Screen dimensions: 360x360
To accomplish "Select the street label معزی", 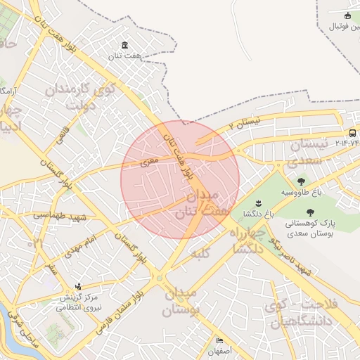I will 150,161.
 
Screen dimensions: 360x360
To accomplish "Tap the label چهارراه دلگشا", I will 247,240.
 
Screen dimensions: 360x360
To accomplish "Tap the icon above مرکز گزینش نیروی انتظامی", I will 78,286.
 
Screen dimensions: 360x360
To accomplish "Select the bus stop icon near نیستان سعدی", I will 352,132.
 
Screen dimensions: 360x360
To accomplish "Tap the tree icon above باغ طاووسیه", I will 302,181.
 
